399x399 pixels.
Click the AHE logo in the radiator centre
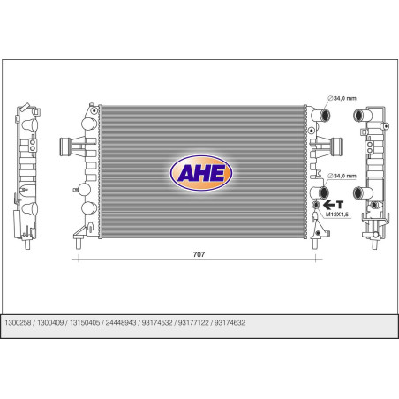tap(201, 173)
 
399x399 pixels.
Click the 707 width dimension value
tap(199, 254)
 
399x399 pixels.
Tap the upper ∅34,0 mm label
tap(342, 98)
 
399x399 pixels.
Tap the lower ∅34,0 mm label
tap(342, 176)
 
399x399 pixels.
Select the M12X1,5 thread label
tap(337, 215)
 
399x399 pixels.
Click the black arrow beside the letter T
tap(329, 205)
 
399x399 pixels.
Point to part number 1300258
tap(18, 323)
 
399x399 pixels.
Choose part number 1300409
tap(50, 323)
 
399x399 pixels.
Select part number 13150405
tap(85, 323)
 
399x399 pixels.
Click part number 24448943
tap(121, 323)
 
